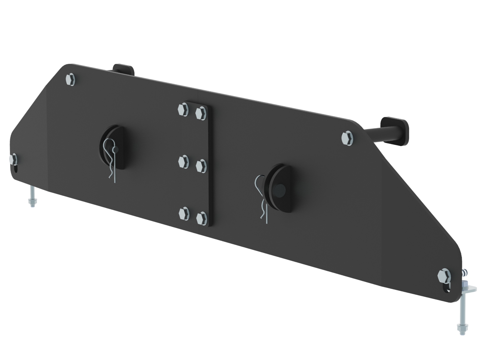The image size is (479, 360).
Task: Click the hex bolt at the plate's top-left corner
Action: pyautogui.click(x=70, y=79)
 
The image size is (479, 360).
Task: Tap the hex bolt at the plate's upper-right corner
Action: pyautogui.click(x=347, y=138)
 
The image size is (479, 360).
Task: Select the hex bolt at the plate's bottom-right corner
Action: pyautogui.click(x=444, y=277)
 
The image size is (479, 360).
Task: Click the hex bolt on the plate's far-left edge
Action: pyautogui.click(x=13, y=159)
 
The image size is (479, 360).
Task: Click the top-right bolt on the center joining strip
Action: pyautogui.click(x=201, y=113)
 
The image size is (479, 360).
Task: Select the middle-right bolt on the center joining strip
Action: pyautogui.click(x=201, y=166)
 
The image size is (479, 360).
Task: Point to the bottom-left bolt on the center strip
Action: pyautogui.click(x=183, y=213)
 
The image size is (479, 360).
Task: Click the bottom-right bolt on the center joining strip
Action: pyautogui.click(x=201, y=217)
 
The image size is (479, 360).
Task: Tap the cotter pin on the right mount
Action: pyautogui.click(x=262, y=198)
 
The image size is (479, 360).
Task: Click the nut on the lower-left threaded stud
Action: pyautogui.click(x=32, y=203)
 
